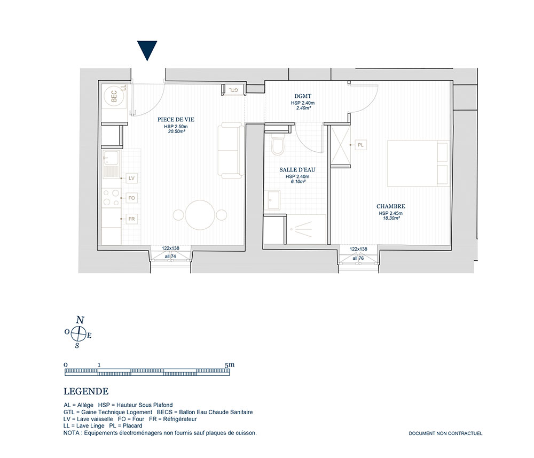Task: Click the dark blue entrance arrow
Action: click(x=147, y=49)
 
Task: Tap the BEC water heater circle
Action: click(x=114, y=96)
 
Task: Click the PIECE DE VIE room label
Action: click(x=176, y=120)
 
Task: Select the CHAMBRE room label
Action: click(x=391, y=206)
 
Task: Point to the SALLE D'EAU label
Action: click(x=297, y=170)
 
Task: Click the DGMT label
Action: click(x=303, y=96)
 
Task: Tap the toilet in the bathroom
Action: click(x=278, y=144)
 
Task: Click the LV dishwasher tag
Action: click(x=131, y=178)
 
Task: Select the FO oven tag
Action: click(x=131, y=198)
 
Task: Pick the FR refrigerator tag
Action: click(x=131, y=219)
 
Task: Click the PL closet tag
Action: click(x=360, y=145)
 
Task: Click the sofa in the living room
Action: click(x=231, y=151)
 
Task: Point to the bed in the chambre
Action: click(x=419, y=163)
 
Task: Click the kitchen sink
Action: click(x=111, y=164)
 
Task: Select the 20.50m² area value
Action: click(x=176, y=131)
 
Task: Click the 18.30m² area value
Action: click(x=391, y=218)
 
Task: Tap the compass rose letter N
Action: click(x=80, y=320)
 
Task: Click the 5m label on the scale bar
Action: click(x=230, y=364)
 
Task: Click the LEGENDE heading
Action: click(x=86, y=392)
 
